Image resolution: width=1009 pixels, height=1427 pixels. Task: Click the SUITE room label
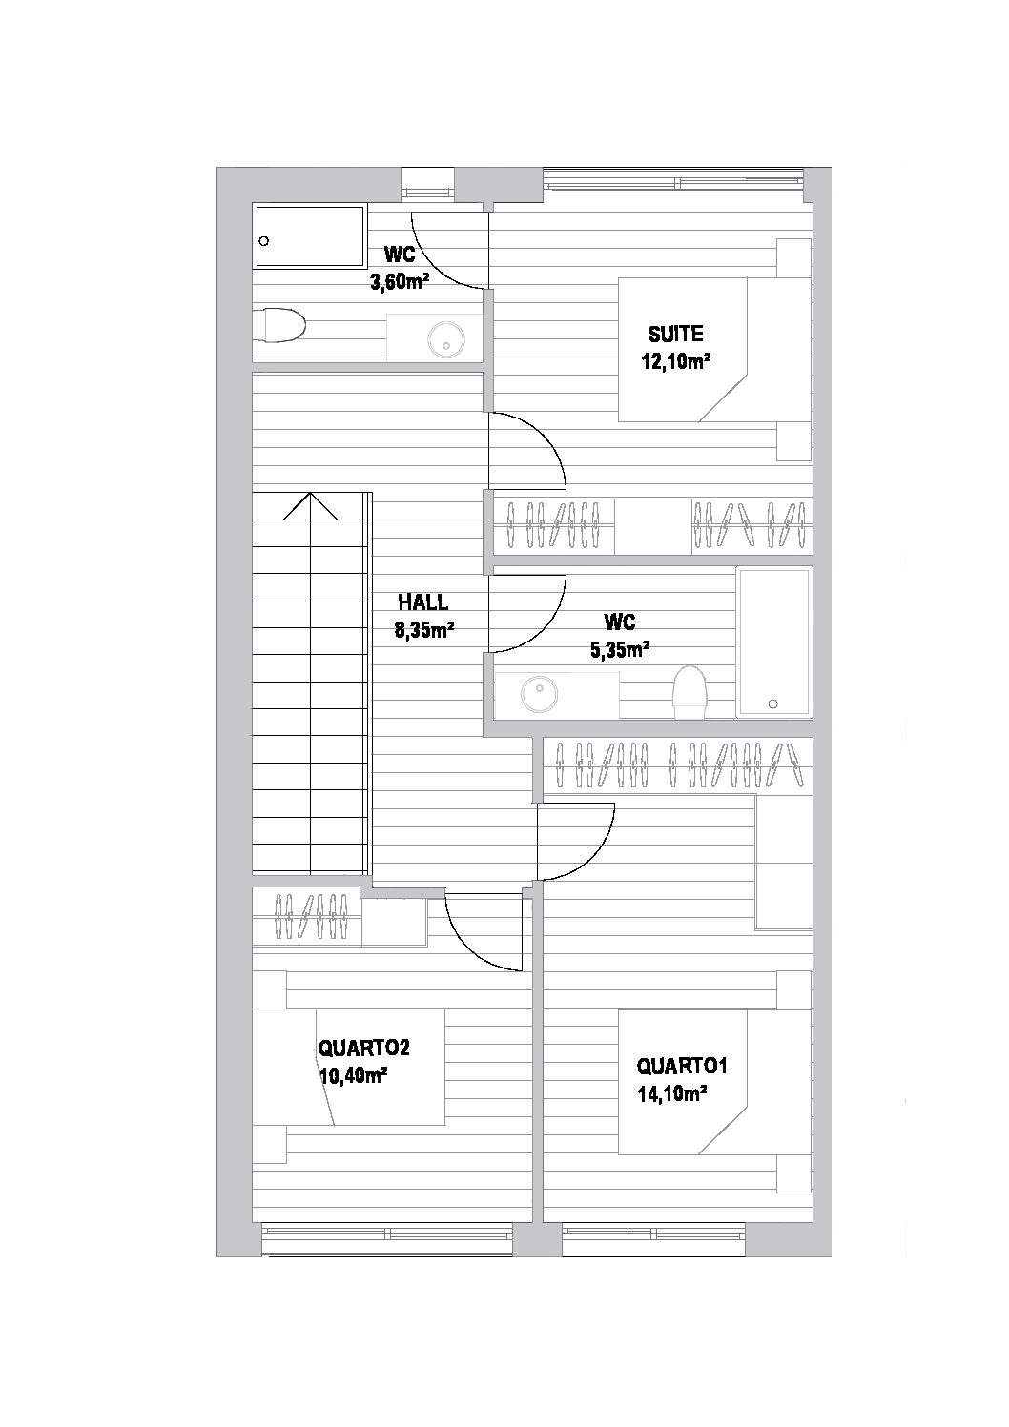[x=675, y=335]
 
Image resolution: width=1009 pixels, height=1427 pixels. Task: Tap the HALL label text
[x=422, y=602]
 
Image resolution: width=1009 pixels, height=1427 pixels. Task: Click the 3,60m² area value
[x=399, y=281]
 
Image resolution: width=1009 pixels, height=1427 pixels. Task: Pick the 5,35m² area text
[x=620, y=650]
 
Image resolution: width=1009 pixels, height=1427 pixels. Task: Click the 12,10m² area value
[x=679, y=362]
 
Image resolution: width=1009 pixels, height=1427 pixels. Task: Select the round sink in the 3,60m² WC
[x=445, y=337]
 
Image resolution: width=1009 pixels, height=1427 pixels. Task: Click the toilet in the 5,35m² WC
[x=689, y=690]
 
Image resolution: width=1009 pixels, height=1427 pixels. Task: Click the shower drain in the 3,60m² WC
[x=264, y=241]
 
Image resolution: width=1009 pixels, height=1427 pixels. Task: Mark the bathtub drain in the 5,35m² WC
[x=772, y=704]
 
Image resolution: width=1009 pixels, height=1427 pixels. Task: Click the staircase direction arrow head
[x=311, y=505]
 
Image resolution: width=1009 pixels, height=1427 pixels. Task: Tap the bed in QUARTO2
[x=348, y=1067]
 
